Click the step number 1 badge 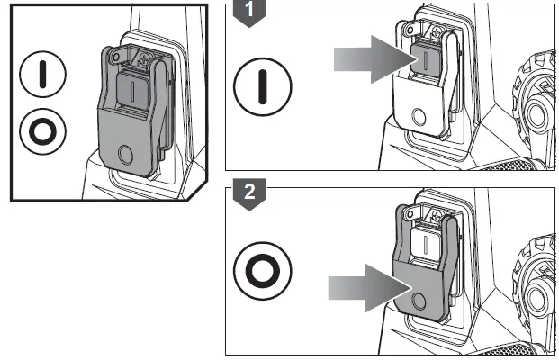tap(249, 12)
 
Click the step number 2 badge tap(249, 194)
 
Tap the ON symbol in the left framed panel tap(43, 75)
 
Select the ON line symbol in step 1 tap(263, 87)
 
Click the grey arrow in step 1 tap(376, 59)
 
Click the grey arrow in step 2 tap(371, 288)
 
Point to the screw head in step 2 tap(437, 216)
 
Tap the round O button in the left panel tap(125, 155)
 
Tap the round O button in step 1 tap(419, 117)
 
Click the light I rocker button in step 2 tap(425, 244)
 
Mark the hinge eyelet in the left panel tap(115, 57)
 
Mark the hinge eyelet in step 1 tap(410, 31)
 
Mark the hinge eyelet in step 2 tap(410, 214)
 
